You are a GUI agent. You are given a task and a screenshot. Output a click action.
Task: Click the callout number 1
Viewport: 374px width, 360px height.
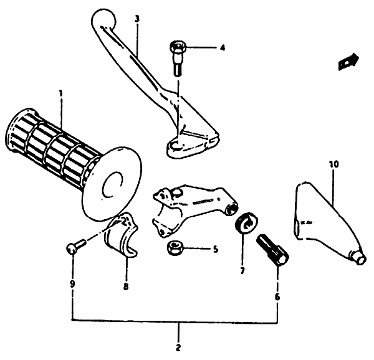(61, 93)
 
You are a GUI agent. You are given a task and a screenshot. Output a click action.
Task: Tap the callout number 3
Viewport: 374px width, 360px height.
(137, 19)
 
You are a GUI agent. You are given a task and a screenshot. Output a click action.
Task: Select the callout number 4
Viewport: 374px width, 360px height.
(223, 48)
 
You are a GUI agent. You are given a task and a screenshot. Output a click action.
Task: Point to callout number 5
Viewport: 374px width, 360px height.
(215, 250)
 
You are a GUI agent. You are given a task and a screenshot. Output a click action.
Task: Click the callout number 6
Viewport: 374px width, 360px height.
(277, 297)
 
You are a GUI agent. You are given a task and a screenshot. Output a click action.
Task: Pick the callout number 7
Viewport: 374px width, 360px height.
(242, 271)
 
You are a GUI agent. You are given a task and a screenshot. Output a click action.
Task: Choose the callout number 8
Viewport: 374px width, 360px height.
(126, 287)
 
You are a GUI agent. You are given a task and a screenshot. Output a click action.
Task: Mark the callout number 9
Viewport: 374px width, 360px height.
(72, 284)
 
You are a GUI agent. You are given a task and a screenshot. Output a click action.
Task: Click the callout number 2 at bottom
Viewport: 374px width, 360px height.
(178, 348)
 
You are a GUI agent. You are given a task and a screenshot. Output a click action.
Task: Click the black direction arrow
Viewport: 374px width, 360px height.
(348, 62)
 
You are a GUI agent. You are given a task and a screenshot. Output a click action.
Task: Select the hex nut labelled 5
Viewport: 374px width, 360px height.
(175, 248)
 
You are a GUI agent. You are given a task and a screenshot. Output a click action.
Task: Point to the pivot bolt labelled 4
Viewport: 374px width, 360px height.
(178, 59)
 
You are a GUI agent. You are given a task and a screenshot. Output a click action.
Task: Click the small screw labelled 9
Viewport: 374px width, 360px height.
(75, 247)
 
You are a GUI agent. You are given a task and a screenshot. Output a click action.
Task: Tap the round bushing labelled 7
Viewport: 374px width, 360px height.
(246, 222)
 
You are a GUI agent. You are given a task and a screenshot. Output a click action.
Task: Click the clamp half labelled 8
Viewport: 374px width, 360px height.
(121, 235)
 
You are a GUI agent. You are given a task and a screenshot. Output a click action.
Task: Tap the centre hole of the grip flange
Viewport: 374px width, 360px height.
(112, 184)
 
